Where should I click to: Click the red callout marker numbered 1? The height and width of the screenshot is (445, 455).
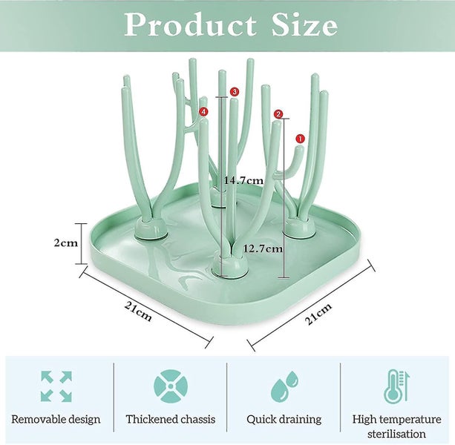point(300,139)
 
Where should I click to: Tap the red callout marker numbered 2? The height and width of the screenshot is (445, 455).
point(278,114)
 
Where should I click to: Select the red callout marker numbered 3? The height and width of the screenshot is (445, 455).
point(234,92)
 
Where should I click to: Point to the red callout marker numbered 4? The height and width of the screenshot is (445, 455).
point(203,111)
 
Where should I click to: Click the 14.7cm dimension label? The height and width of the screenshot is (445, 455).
point(243,181)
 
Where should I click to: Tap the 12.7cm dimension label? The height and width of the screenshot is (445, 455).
point(263,248)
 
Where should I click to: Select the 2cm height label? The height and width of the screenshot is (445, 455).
point(66,243)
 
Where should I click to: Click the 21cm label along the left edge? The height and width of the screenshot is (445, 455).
point(138,311)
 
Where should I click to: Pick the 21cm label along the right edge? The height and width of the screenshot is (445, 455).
point(318,314)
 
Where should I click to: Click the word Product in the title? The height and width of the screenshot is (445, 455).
point(191,24)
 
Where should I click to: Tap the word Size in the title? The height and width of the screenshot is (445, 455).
point(304,24)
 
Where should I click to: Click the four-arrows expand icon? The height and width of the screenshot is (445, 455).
point(56,386)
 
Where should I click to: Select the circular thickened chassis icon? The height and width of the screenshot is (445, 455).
point(171,386)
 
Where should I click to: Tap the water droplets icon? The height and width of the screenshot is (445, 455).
point(284,386)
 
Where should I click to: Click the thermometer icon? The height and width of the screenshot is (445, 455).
point(396,386)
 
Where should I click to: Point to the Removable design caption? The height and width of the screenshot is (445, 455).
point(56,419)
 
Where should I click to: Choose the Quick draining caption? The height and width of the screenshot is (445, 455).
point(284,420)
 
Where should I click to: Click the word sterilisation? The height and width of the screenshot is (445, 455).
point(396,434)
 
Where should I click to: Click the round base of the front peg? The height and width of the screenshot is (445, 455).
point(230,268)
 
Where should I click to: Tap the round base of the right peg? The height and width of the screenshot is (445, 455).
point(299,228)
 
